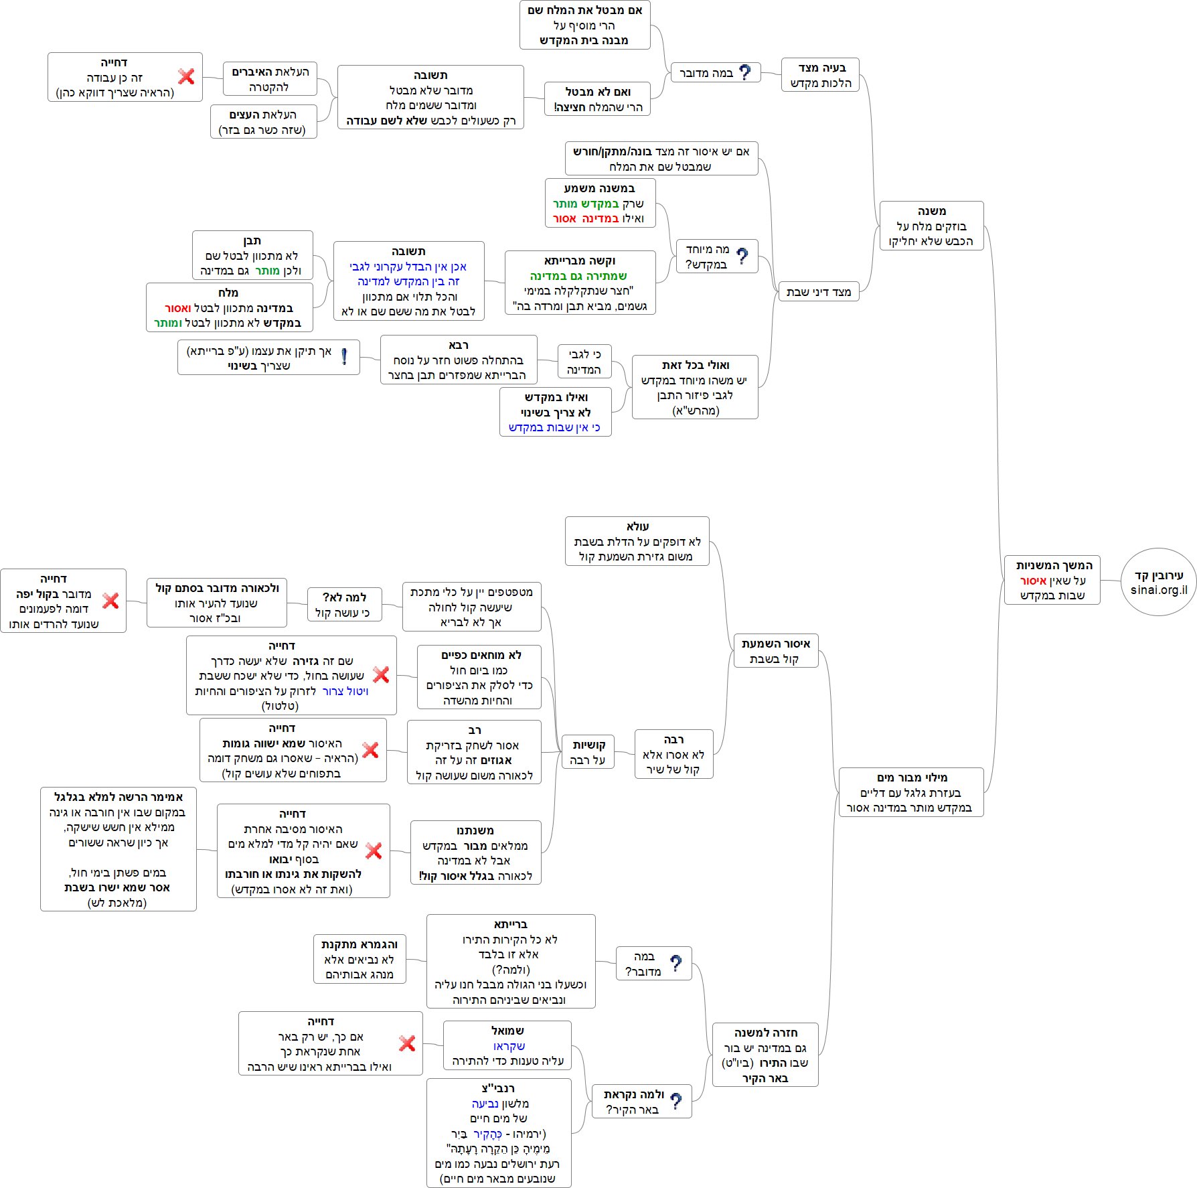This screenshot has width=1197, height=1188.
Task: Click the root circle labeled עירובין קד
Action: point(1158,576)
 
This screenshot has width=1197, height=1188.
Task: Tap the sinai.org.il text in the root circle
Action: point(1159,590)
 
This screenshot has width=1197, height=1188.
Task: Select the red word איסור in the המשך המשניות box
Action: point(1033,581)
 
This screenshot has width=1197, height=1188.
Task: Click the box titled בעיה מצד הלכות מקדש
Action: point(820,75)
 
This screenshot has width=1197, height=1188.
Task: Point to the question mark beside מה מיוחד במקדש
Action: point(742,256)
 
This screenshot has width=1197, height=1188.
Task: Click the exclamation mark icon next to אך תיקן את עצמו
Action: point(344,357)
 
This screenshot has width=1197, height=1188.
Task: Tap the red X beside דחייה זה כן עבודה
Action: point(186,76)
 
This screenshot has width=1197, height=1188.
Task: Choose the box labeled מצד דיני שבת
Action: point(818,292)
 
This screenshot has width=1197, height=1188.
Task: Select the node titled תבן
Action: point(252,255)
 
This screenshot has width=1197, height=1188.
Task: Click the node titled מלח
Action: point(229,307)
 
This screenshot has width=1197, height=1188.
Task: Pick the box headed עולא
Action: point(637,541)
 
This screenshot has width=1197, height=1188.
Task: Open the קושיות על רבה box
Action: point(588,752)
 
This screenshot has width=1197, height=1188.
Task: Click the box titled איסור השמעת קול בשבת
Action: point(775,651)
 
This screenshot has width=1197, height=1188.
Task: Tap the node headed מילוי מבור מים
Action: point(911,792)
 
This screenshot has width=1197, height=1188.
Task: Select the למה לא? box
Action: point(344,605)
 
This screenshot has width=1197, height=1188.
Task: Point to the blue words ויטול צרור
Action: point(345,691)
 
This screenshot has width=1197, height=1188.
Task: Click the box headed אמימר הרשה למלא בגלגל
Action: point(118,849)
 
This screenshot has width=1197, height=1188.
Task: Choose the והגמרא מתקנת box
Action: point(360,959)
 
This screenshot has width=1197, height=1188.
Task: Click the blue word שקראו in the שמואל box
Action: point(509,1046)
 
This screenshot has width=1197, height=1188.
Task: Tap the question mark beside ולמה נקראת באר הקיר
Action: point(676,1101)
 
